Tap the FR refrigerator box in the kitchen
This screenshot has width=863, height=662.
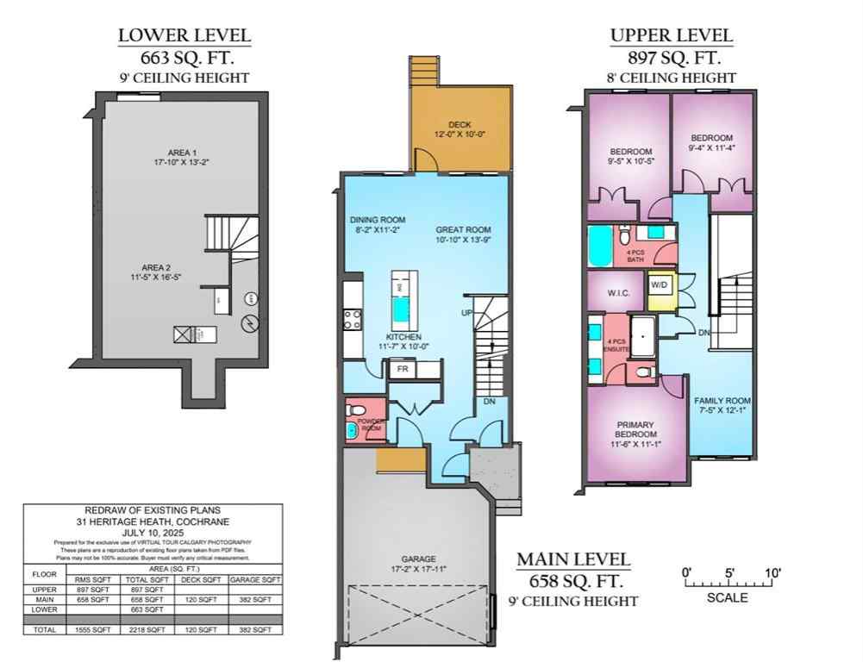402,369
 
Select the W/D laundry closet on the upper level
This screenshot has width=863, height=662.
659,284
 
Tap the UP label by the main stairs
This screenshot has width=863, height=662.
467,312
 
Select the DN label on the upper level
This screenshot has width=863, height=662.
703,332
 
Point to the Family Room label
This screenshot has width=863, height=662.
722,401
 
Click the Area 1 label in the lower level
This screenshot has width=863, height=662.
182,153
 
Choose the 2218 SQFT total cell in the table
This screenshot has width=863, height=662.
147,630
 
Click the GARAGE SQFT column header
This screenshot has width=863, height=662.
254,580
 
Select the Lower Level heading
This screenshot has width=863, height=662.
184,35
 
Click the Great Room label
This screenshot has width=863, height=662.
463,230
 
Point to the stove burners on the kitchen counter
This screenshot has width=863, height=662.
352,320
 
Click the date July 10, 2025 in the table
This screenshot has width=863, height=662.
152,533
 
